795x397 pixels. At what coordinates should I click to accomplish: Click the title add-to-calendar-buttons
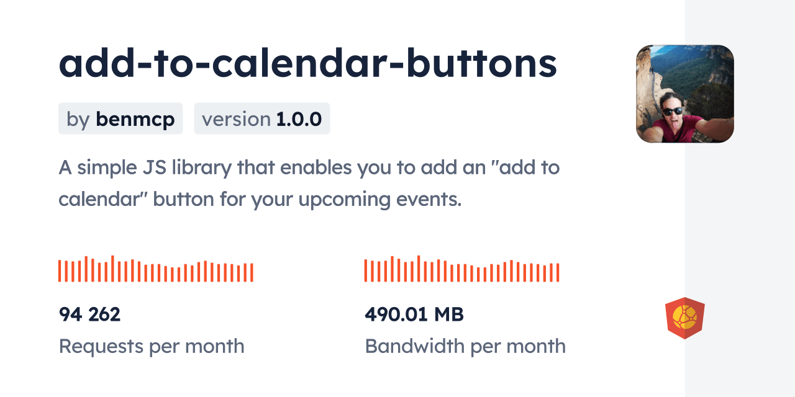(307, 64)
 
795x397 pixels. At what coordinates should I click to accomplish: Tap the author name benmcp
(135, 119)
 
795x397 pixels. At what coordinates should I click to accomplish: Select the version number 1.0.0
(299, 119)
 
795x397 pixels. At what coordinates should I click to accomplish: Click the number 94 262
(89, 314)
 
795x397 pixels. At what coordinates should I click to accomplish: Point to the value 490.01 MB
(414, 314)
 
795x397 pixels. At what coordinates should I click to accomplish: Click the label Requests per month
(151, 346)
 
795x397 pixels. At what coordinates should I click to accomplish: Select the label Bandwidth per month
(465, 346)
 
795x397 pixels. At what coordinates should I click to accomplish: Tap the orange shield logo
(684, 318)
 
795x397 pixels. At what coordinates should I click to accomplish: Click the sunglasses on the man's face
(672, 112)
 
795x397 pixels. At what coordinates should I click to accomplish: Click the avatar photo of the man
(684, 94)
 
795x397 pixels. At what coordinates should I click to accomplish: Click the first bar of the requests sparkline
(60, 271)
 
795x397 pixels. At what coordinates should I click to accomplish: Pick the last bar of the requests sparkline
(252, 272)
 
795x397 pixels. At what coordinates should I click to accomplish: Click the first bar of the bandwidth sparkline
(366, 271)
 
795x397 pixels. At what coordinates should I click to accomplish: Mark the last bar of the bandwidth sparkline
(558, 272)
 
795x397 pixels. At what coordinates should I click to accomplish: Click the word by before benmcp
(78, 119)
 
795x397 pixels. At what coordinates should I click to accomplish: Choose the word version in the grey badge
(236, 119)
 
